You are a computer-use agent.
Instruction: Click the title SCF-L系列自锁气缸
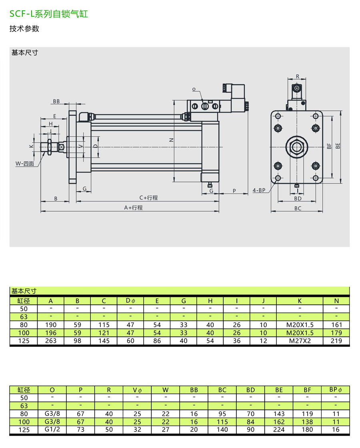(x=49, y=14)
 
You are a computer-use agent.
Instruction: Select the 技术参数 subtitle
(x=24, y=29)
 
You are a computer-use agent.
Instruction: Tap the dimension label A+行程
(x=133, y=208)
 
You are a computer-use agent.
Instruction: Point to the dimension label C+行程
(x=148, y=198)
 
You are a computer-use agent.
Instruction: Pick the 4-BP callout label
(x=259, y=190)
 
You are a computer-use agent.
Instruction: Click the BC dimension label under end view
(x=298, y=208)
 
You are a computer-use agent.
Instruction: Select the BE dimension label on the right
(x=338, y=146)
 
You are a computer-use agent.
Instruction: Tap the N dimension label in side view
(x=171, y=140)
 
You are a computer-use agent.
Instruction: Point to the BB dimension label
(x=56, y=102)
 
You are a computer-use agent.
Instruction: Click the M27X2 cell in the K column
(x=300, y=341)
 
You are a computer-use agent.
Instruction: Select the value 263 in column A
(x=51, y=341)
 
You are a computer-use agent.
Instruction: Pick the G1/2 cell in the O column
(x=52, y=430)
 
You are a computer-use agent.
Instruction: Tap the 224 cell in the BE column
(x=279, y=430)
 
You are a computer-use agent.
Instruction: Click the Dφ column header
(x=130, y=300)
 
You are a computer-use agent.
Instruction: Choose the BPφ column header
(x=336, y=389)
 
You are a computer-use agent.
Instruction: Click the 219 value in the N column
(x=336, y=341)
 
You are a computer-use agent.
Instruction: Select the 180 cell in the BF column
(x=307, y=430)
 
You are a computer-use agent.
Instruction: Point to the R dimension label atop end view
(x=298, y=76)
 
